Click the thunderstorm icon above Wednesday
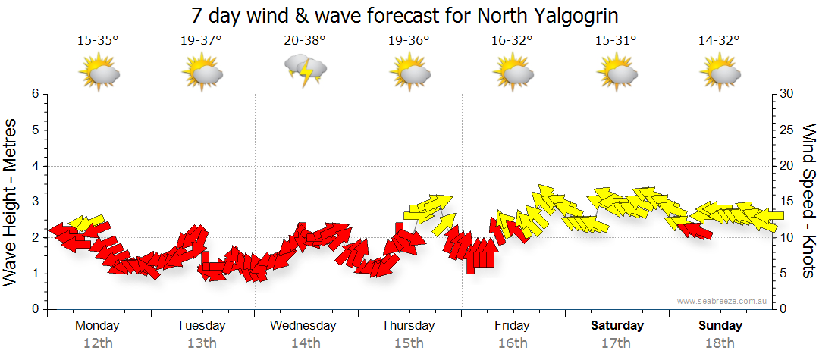[305, 70]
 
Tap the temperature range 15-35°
[98, 41]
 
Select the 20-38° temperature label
[305, 41]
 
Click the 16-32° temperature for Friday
[512, 41]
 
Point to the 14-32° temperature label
[719, 41]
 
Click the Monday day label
[97, 326]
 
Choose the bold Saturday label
[617, 326]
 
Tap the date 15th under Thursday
[409, 343]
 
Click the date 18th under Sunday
[720, 343]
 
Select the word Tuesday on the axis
[201, 326]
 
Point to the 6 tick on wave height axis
[35, 94]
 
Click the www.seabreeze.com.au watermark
[723, 301]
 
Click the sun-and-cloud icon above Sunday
[719, 74]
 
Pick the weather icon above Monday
[99, 74]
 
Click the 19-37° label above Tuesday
[201, 41]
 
